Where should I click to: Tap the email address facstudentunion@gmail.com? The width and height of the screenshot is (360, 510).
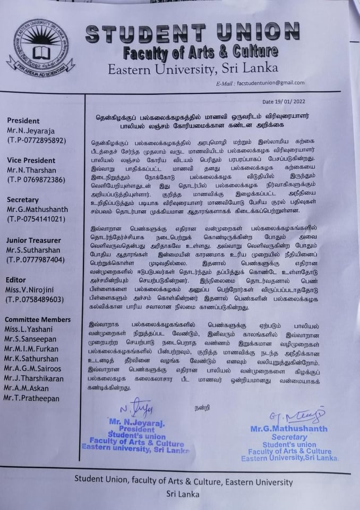(270, 83)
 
